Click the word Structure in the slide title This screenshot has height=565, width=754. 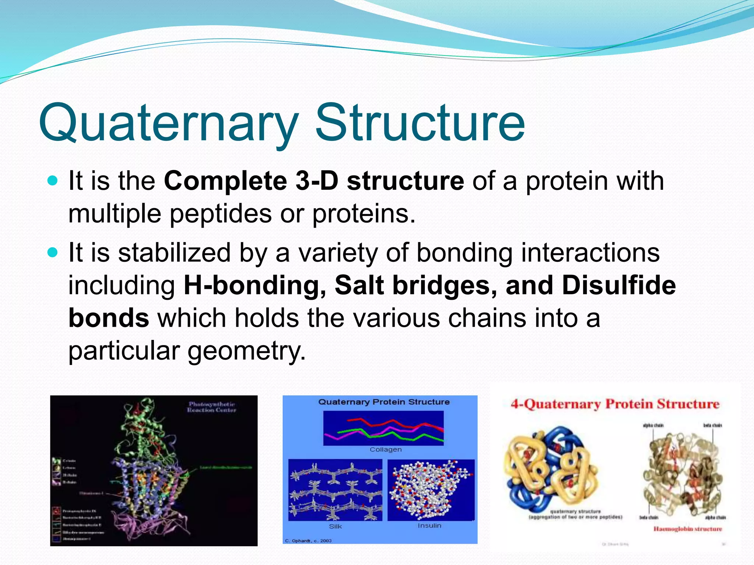click(x=420, y=123)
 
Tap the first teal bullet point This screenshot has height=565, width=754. click(x=53, y=181)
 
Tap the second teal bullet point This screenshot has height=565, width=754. click(x=53, y=252)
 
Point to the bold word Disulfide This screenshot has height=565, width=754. click(x=619, y=285)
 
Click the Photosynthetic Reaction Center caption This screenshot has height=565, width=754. click(x=211, y=407)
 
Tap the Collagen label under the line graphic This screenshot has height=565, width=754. click(x=385, y=449)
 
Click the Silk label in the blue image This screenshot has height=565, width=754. click(x=335, y=526)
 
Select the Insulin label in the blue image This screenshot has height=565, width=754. click(x=429, y=526)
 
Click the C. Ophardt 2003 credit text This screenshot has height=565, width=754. click(x=308, y=541)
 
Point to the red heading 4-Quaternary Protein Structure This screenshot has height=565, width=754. click(x=615, y=404)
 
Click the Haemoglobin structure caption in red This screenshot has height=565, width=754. click(x=687, y=529)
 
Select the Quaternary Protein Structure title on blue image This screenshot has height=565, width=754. click(x=384, y=402)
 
